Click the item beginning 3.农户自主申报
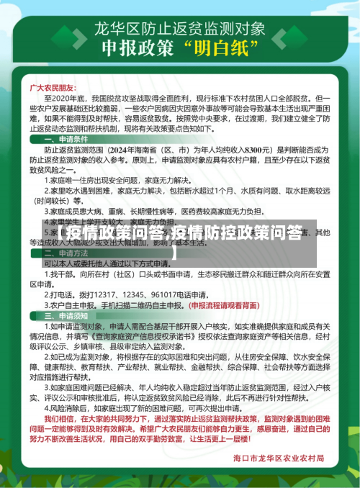pos(108,305)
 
